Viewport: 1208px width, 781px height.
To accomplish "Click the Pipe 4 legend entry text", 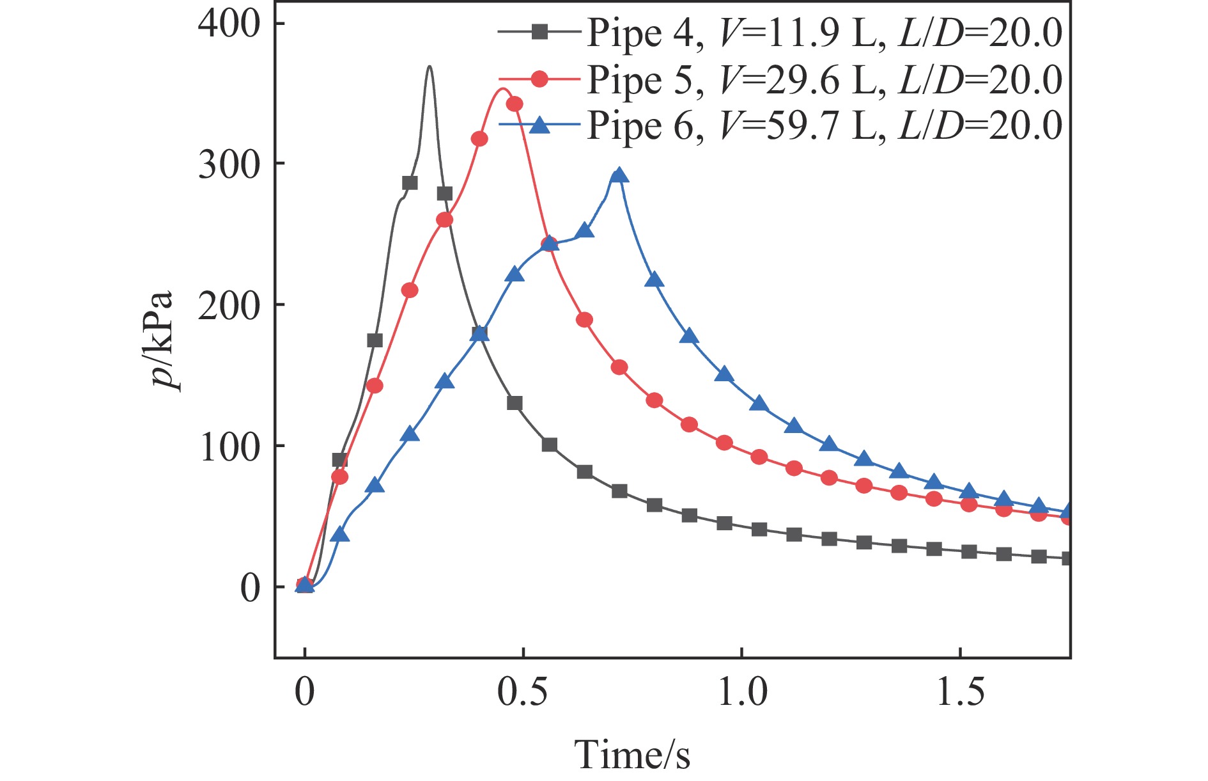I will click(825, 33).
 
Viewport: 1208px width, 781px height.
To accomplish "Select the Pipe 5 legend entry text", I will click(825, 79).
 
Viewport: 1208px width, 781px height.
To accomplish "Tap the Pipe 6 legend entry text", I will click(825, 125).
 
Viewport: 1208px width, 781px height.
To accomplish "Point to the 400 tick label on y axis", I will click(229, 24).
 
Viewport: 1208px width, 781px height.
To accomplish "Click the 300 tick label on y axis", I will click(229, 164).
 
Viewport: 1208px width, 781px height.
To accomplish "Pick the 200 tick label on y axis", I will click(229, 305).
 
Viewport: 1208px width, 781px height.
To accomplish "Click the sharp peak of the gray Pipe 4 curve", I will click(429, 67).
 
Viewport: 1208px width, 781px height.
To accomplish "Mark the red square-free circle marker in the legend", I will click(540, 79).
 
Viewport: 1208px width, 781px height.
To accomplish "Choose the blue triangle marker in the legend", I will click(540, 125).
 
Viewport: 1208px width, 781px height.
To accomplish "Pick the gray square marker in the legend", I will click(540, 31).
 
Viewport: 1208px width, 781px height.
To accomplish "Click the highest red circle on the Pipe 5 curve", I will click(514, 104).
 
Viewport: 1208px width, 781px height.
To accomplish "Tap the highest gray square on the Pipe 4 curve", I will click(410, 183).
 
